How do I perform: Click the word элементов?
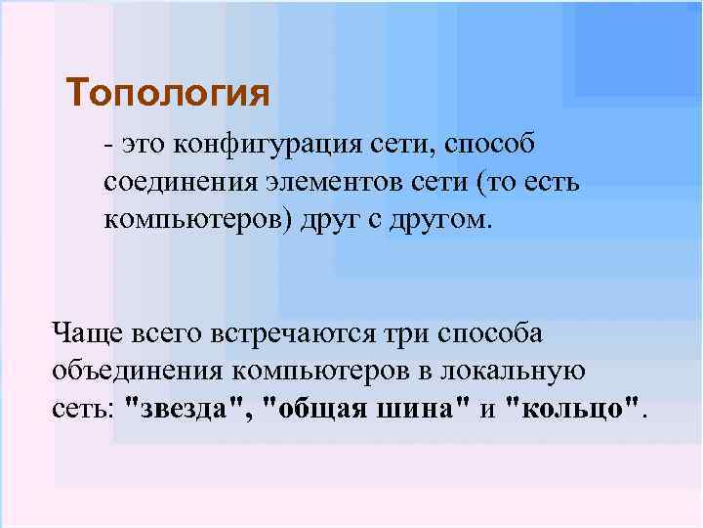322,183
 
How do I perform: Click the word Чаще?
86,333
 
